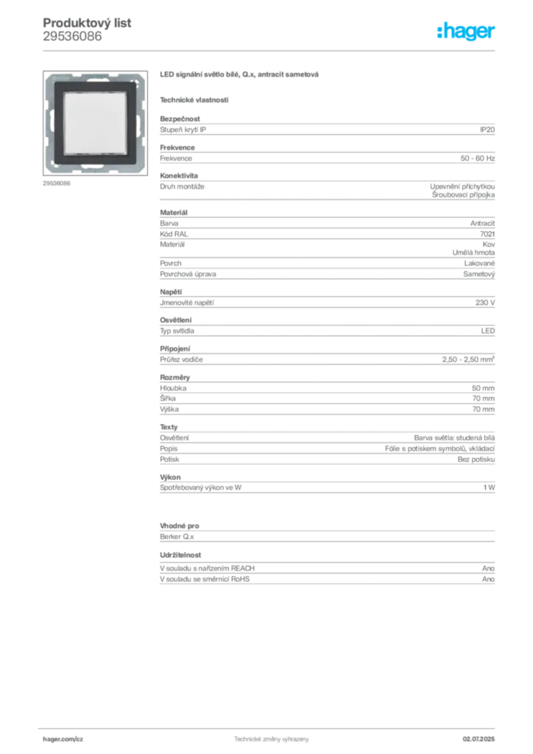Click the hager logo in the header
pos(465,31)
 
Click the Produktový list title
pos(87,23)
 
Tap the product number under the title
pos(72,37)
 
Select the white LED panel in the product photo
pos(95,122)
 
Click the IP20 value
pos(487,130)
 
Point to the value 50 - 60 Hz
pos(477,158)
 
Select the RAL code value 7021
pos(487,233)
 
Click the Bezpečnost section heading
pos(180,119)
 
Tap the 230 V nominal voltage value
pos(485,303)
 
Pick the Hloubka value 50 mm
pos(483,388)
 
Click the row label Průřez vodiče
pos(181,359)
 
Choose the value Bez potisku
pos(476,459)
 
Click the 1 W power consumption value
pos(489,487)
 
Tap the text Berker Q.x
pos(177,537)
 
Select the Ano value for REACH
pos(488,568)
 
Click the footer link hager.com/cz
pos(63,739)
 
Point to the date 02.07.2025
pos(479,739)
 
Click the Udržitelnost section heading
pos(180,555)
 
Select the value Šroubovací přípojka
pos(463,194)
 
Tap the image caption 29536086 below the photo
pos(56,183)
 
